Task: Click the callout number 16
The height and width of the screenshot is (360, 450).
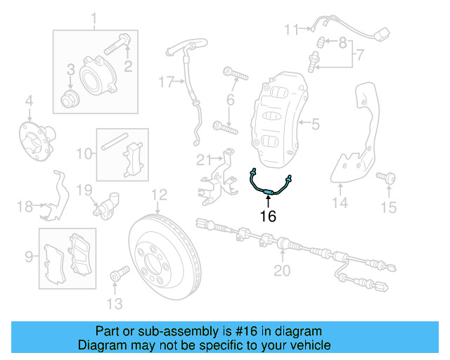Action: click(267, 217)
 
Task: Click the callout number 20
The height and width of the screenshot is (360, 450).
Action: click(281, 271)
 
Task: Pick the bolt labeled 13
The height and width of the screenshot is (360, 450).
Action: click(117, 273)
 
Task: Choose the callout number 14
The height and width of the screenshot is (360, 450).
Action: click(340, 204)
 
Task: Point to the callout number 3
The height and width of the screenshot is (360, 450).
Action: click(70, 69)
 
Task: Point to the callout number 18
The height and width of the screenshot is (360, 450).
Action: click(25, 206)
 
